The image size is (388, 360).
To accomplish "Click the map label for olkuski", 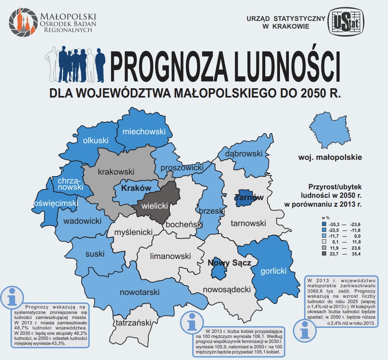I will coord(96,141).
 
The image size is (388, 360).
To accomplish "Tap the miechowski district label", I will coord(144,132).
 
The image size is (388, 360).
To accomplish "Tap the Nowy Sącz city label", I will coord(229,263).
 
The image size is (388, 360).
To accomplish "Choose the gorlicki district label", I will coord(273,271).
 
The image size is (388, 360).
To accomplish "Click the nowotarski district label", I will coord(139,292).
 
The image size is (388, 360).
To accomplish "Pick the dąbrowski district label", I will coord(244,154).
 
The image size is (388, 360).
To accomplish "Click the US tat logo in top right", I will coord(347,22).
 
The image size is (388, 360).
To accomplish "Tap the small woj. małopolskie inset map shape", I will coord(328,130).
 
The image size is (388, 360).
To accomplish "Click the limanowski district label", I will coord(170,256).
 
